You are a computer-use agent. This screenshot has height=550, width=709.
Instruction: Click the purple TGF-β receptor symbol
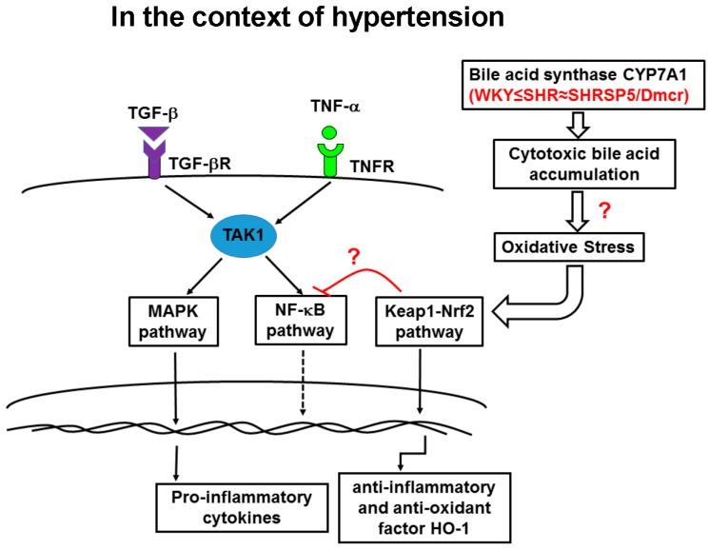[152, 175]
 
